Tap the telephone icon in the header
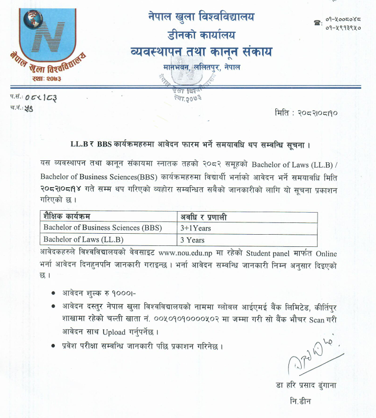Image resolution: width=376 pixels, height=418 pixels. (318, 23)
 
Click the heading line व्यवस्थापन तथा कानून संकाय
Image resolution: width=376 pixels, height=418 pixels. (201, 51)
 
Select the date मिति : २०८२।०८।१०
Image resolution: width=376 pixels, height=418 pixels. (307, 113)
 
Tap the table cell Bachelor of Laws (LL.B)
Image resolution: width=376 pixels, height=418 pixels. (84, 240)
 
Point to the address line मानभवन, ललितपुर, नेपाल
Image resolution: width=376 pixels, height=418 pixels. (201, 66)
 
